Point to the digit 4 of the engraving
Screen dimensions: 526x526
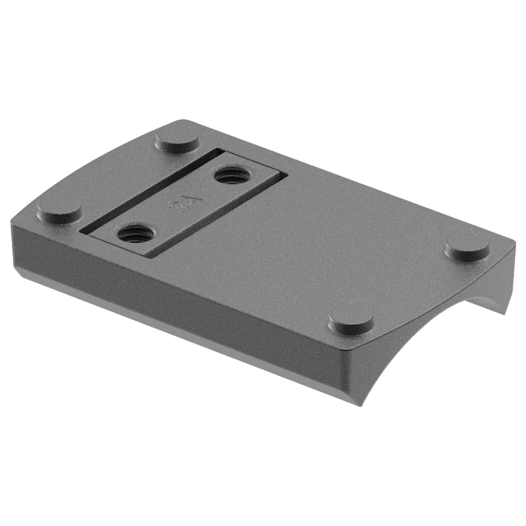tap(186, 200)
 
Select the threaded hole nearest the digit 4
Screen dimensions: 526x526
tap(230, 176)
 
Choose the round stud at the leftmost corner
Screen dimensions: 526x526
tap(59, 212)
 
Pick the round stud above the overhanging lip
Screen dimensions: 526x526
tap(467, 248)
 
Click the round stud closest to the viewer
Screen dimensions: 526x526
tap(351, 320)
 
